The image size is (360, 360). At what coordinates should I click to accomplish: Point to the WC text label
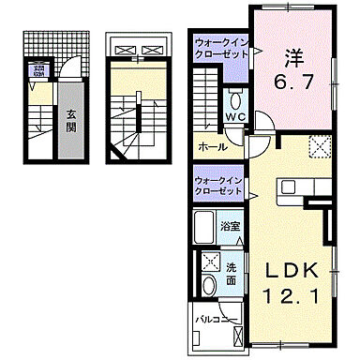point(234,118)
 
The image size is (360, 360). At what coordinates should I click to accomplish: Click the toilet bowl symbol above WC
point(235,100)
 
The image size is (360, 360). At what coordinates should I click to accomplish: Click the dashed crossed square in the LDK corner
point(322,145)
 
